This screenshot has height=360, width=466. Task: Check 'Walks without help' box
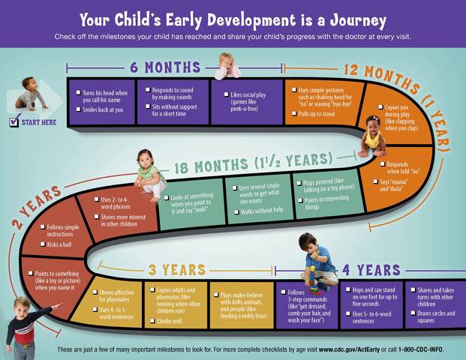tap(235, 211)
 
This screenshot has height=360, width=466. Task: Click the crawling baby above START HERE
tap(29, 94)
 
